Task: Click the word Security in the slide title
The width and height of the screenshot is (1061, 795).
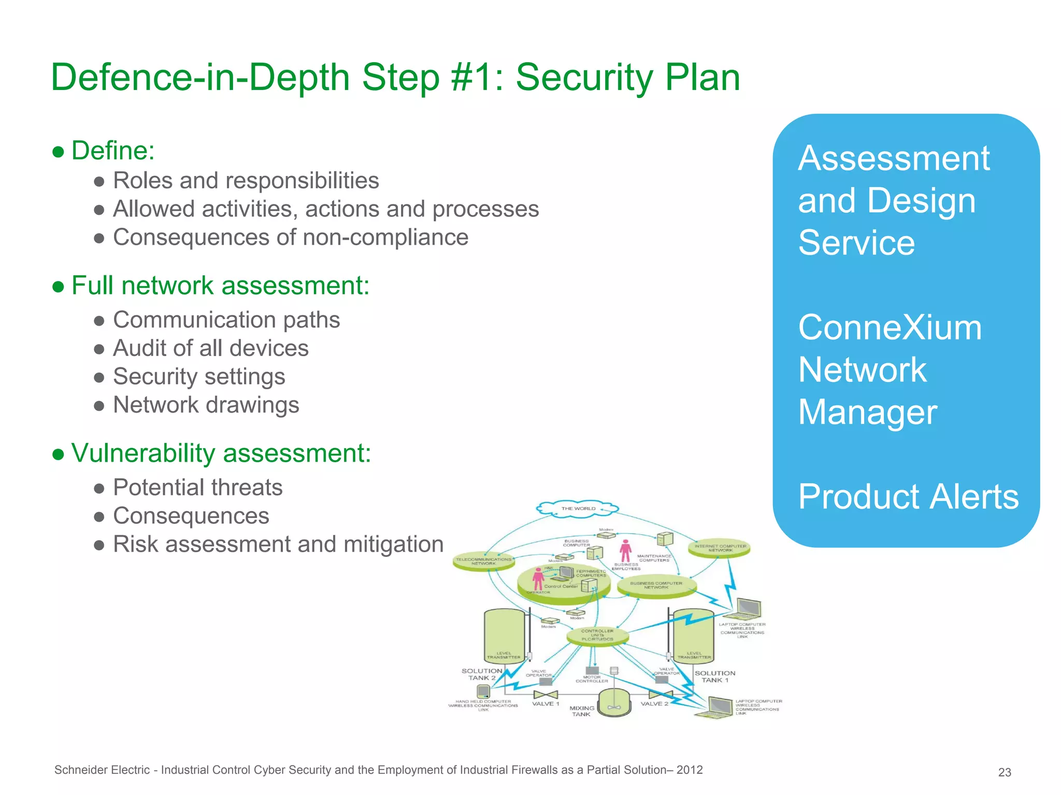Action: [584, 78]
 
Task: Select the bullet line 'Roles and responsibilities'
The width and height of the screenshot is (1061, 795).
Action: [246, 181]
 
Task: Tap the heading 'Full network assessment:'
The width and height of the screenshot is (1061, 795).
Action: [220, 286]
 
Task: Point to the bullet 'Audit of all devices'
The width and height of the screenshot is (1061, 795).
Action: [210, 348]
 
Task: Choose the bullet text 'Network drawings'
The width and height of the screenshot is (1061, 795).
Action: [206, 405]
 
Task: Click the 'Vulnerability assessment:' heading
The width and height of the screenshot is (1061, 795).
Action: [221, 453]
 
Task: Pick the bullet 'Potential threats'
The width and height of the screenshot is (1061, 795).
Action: [197, 488]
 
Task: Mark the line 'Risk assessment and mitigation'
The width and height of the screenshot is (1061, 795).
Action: [278, 544]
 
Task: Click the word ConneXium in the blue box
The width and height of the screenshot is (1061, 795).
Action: [890, 328]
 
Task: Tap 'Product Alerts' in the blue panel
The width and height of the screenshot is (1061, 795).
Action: [908, 497]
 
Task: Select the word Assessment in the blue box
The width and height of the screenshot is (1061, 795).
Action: [894, 158]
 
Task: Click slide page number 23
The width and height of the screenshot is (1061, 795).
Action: [1004, 772]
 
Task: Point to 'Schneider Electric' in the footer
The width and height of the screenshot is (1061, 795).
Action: [102, 770]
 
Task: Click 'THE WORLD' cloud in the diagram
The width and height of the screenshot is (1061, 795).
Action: [578, 508]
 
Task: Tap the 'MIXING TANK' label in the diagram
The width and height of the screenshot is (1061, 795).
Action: [581, 711]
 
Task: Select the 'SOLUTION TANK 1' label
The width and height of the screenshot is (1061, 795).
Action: [714, 676]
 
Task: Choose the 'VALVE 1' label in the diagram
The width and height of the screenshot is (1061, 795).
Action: [546, 704]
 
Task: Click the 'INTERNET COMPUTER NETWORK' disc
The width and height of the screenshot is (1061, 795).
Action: [720, 548]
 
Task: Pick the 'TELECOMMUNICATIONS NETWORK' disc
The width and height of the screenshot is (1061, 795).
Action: [483, 562]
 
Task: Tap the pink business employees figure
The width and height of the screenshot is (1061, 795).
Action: [625, 550]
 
